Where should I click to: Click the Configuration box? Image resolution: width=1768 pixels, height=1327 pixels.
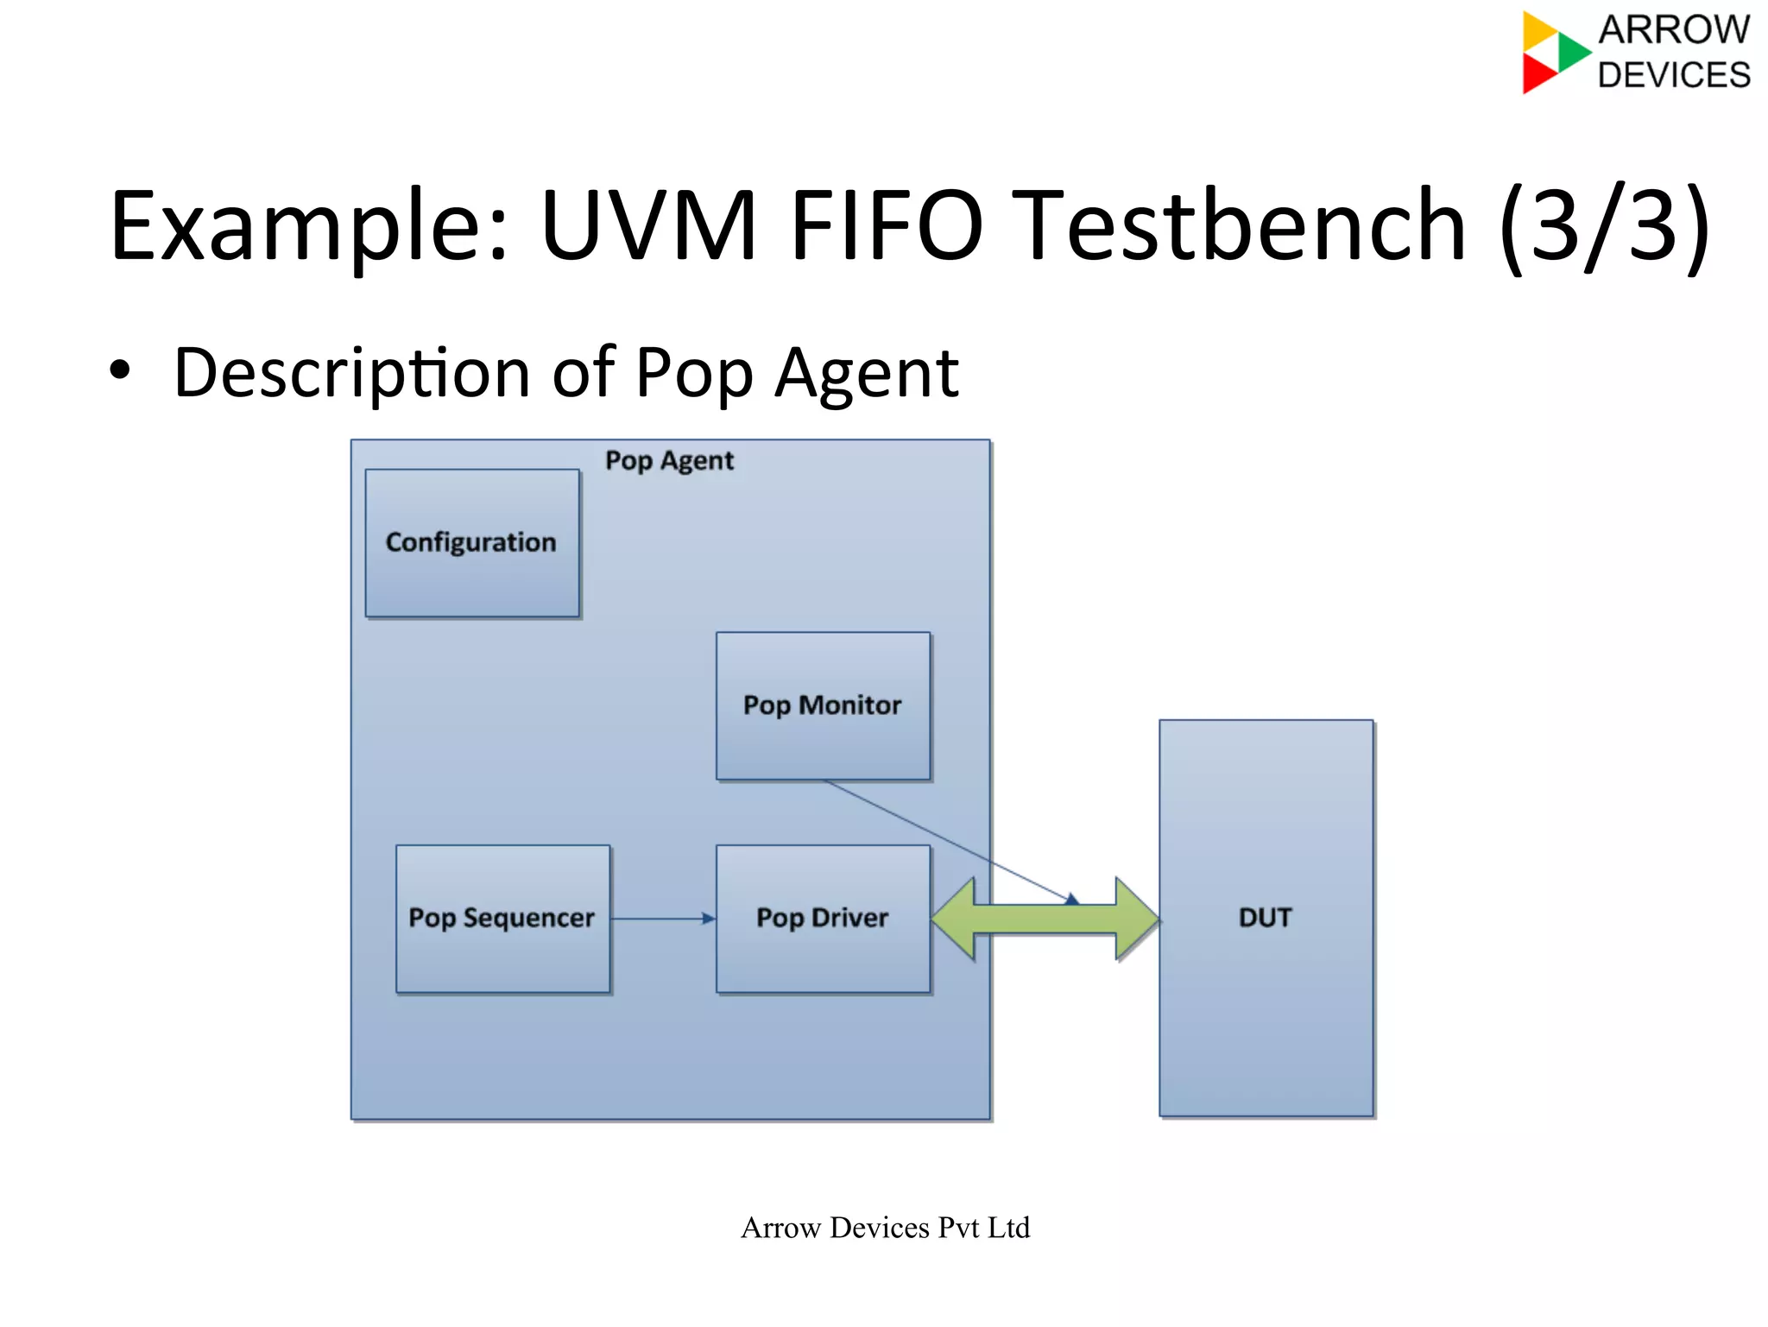(x=472, y=543)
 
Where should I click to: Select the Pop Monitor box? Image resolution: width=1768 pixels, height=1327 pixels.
(x=823, y=705)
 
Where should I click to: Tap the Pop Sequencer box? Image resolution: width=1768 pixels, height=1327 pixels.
(x=502, y=918)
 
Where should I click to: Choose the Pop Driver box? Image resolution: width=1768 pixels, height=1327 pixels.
(x=823, y=918)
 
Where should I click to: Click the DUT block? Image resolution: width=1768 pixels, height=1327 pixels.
(x=1266, y=918)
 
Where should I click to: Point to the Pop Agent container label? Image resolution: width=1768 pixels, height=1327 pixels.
(x=669, y=461)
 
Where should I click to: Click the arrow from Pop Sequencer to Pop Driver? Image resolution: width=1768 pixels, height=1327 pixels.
(x=663, y=919)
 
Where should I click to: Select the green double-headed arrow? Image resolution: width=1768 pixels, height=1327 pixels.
(x=1045, y=919)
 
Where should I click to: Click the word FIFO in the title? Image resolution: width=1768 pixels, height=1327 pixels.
(x=886, y=226)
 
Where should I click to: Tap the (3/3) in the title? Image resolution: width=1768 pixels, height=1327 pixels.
(x=1604, y=226)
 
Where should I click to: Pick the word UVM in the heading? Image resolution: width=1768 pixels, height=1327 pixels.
(x=647, y=226)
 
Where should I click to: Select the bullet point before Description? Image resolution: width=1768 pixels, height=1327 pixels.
(x=120, y=371)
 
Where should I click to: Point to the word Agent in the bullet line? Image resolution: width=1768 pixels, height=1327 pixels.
(x=866, y=373)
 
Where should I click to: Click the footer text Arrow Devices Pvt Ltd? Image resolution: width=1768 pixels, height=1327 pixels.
(x=885, y=1227)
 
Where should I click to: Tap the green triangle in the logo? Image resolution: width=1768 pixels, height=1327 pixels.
(x=1573, y=51)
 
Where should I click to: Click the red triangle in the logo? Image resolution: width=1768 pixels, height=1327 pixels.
(x=1538, y=73)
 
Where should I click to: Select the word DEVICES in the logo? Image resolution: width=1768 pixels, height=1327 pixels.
(x=1673, y=75)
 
